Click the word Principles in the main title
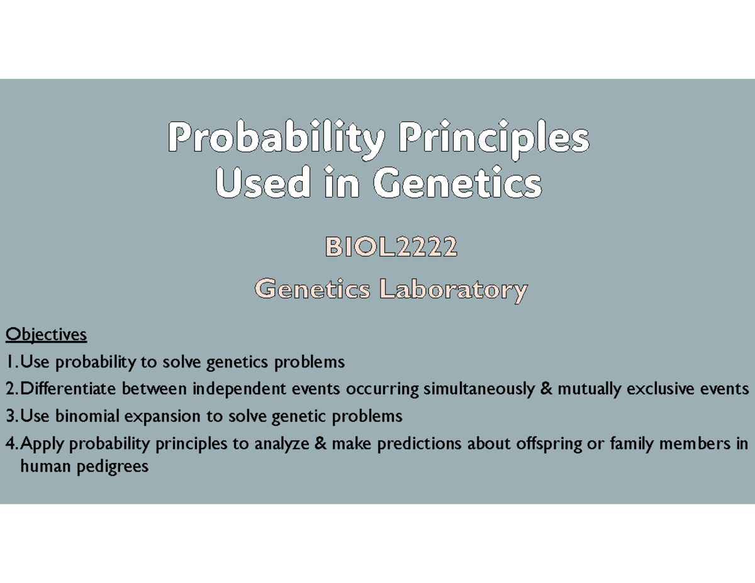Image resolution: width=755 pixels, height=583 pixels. coord(494,140)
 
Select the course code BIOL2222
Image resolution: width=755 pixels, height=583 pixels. coord(391,247)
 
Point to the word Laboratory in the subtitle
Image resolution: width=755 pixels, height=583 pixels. coord(454,290)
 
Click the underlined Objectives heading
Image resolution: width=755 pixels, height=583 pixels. coord(46,335)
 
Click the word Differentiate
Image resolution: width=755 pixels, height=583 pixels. coord(68,389)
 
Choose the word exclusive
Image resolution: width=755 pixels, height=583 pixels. coord(660,389)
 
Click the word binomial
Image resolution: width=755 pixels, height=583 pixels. coord(87,416)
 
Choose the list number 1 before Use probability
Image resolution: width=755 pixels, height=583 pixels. coord(9,362)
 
